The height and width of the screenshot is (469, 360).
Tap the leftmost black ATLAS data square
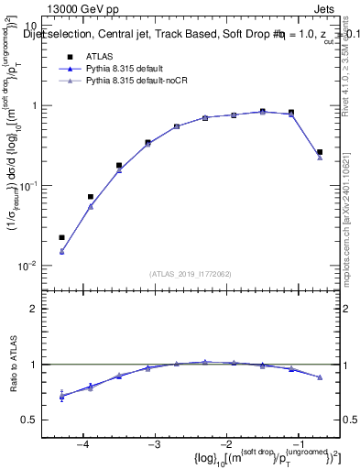pos(61,237)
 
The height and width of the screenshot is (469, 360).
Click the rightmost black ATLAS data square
pos(320,152)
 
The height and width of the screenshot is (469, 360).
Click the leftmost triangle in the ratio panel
pos(61,396)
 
